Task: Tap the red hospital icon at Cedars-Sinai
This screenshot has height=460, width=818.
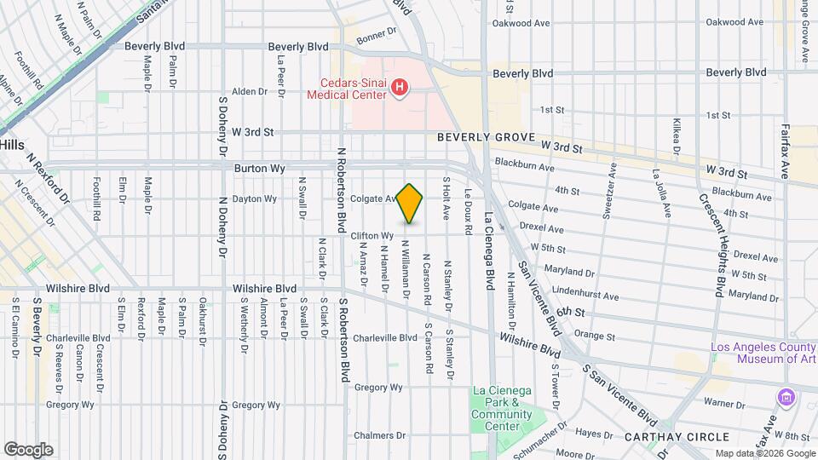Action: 398,87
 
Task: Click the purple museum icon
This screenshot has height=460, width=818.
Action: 785,397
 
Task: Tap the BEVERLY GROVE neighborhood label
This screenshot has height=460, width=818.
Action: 486,136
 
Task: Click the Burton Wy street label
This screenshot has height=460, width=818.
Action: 259,169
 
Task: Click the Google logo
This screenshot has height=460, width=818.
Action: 28,450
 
